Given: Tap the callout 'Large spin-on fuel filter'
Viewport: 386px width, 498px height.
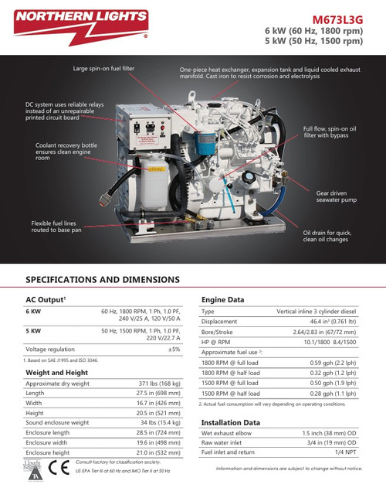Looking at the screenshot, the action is [103, 69].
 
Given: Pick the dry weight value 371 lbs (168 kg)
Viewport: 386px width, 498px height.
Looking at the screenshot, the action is [159, 384].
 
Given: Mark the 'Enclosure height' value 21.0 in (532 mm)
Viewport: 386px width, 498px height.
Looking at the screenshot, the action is [158, 452].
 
